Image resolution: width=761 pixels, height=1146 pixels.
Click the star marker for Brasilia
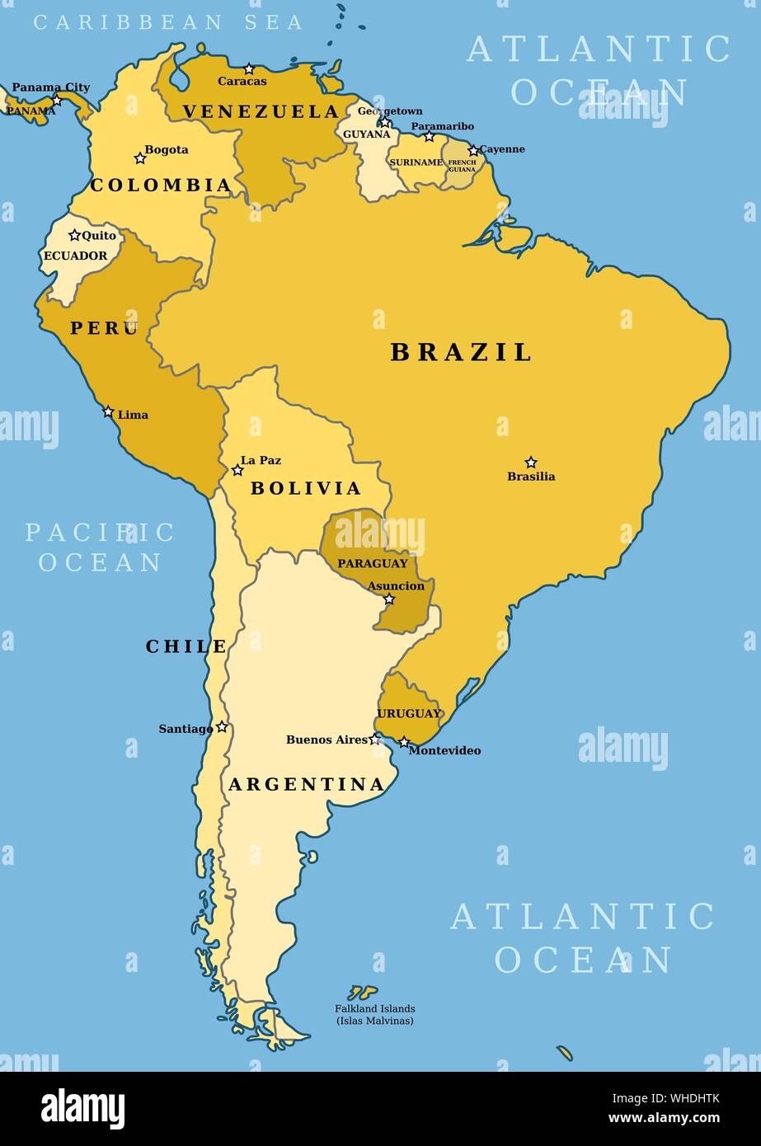pos(531,463)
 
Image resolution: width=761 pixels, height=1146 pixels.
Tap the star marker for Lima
pos(108,411)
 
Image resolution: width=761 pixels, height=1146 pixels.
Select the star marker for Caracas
pos(249,69)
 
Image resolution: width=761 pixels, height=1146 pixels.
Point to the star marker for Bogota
pos(140,157)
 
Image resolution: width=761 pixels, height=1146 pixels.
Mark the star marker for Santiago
pos(222,727)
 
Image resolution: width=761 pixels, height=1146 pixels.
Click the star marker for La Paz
pos(237,470)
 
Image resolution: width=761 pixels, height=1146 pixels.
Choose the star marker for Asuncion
pos(389,599)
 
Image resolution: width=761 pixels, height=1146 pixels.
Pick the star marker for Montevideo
pos(404,743)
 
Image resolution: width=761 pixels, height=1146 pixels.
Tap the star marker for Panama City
pos(56,101)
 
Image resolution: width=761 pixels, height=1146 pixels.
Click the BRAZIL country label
pos(461,353)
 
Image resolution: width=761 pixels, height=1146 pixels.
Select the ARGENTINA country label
pos(307,785)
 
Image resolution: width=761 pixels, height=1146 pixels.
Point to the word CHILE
pos(186,647)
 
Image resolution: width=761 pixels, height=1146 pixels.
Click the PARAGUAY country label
pos(373,564)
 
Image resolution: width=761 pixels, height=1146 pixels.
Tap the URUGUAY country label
pos(409,714)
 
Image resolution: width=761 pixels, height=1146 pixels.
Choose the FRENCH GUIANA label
pos(462,166)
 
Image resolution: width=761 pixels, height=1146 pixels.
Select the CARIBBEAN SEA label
pos(169,22)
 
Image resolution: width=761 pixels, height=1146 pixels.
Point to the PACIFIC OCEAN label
pos(100,547)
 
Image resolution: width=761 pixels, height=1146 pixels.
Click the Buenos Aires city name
pos(327,740)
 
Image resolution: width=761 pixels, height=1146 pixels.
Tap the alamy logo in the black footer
pos(83,1107)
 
